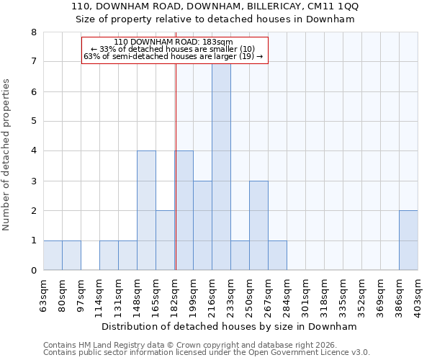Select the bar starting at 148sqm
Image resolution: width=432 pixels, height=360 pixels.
coord(146,210)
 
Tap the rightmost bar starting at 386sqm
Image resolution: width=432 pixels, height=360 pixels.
coord(408,240)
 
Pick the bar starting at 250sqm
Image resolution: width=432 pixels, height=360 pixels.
coord(258,225)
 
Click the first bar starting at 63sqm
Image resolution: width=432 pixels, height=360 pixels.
coord(53,256)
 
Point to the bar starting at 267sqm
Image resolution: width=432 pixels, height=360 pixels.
coord(277,256)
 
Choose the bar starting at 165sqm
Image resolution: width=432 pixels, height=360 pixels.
coord(165,240)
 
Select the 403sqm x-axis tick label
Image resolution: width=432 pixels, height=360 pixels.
coord(418,293)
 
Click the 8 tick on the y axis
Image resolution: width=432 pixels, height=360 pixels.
coord(33,32)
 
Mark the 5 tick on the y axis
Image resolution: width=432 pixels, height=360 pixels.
coord(33,121)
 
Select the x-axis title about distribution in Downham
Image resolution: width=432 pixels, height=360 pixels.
coord(230,326)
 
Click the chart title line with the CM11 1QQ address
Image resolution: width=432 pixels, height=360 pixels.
coord(216,6)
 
